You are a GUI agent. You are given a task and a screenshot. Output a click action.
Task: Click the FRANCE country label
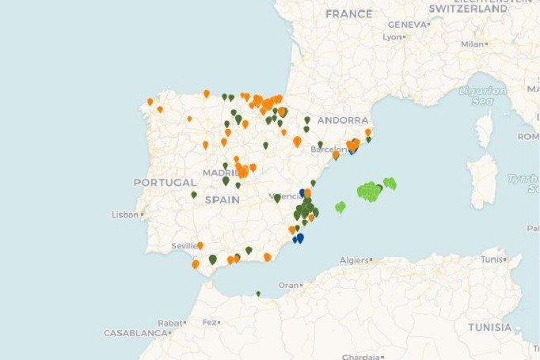point(348,14)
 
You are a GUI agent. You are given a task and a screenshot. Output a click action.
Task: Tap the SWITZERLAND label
point(468,9)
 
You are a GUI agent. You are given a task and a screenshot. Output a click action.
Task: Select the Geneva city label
point(407,25)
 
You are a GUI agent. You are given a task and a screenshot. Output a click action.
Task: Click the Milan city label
point(472,44)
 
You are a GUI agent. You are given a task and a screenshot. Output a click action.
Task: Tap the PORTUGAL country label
point(164,182)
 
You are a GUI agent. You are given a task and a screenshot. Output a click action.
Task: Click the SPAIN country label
point(222,200)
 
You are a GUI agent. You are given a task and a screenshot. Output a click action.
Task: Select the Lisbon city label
point(125,214)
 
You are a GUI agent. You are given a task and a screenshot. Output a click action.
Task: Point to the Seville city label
point(184,246)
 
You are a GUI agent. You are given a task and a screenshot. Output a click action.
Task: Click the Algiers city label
point(354,260)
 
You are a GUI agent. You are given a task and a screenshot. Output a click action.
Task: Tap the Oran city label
point(288,285)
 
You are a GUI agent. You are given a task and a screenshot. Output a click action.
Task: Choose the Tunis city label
point(491,259)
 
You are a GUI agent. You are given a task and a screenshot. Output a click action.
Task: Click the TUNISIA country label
point(489,327)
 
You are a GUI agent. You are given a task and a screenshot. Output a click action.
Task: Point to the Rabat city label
point(170,322)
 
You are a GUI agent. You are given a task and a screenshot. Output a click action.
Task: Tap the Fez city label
point(209,322)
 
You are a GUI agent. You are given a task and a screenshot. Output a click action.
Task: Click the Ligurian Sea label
point(483,96)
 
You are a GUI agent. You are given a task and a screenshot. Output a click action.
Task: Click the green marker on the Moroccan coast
point(258,294)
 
